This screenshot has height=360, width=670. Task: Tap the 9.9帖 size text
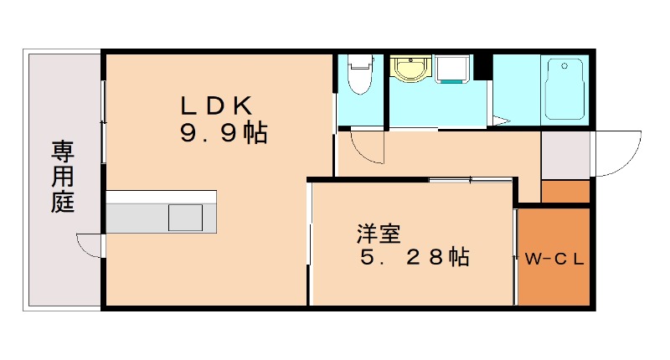(x=223, y=133)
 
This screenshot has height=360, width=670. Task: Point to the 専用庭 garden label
(x=63, y=177)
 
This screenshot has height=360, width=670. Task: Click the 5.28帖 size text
(x=414, y=257)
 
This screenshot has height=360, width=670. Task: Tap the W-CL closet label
(x=554, y=259)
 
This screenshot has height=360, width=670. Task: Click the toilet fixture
(x=360, y=74)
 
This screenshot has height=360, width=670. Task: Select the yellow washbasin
(x=410, y=69)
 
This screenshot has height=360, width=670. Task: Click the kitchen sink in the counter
(x=185, y=218)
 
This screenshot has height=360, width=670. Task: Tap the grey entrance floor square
(x=565, y=154)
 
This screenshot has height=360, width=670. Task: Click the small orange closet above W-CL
(x=565, y=192)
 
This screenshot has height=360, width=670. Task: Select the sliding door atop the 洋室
(x=469, y=180)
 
